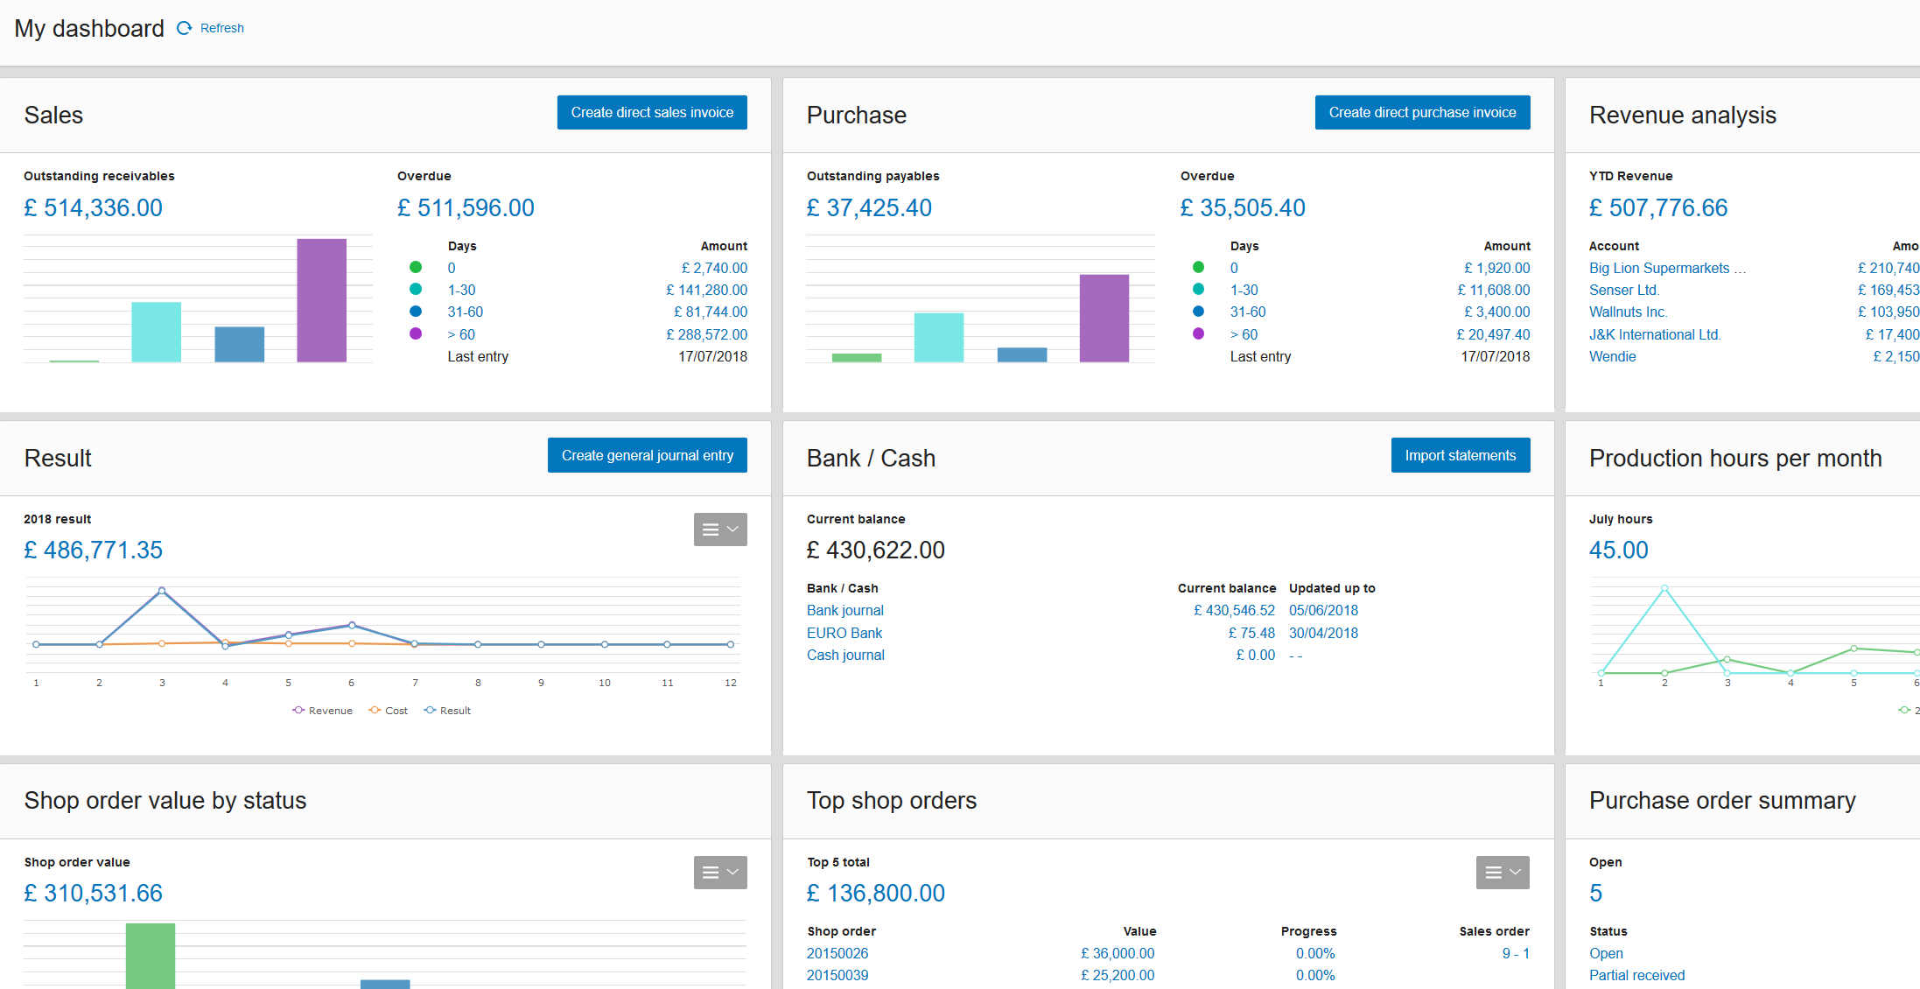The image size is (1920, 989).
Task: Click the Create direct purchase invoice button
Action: point(1422,113)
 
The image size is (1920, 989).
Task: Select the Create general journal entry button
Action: point(647,455)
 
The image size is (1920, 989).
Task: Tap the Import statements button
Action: point(1460,455)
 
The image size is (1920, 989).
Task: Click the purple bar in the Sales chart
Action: point(321,300)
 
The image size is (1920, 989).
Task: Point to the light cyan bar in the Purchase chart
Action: point(938,337)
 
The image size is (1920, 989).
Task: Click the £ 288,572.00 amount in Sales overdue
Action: point(706,334)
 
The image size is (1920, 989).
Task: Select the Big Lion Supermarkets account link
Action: point(1659,268)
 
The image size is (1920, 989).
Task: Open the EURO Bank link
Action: point(844,633)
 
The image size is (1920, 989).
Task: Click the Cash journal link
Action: point(845,655)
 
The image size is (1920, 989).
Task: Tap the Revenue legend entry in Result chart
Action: point(323,711)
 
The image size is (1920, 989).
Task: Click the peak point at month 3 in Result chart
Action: point(162,591)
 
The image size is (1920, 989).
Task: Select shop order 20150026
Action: point(837,953)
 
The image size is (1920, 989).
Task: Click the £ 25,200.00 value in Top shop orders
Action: point(1118,975)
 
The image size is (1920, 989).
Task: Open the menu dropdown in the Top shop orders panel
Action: point(1503,873)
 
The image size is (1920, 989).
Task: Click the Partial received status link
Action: point(1636,975)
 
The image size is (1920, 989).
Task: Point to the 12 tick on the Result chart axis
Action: point(731,683)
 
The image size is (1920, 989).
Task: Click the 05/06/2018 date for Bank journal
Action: point(1323,610)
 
